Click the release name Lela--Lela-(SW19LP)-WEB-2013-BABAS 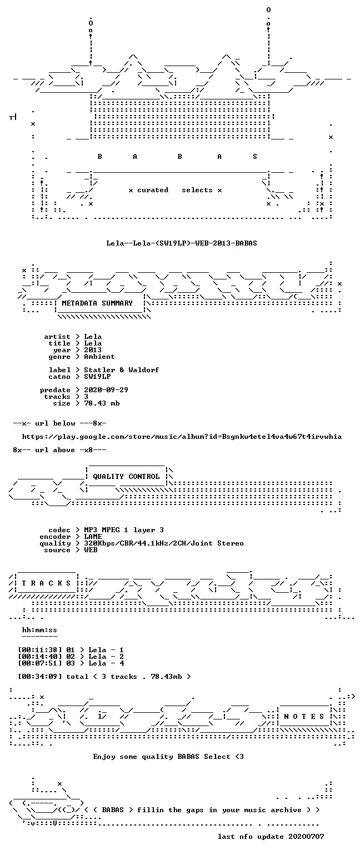coord(182,243)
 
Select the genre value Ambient coord(99,357)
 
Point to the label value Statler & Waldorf coord(121,370)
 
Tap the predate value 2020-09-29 coord(106,390)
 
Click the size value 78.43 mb coord(102,403)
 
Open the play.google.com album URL coord(182,437)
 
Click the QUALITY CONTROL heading coord(126,477)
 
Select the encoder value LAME coord(93,537)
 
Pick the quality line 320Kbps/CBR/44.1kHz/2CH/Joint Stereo coord(164,543)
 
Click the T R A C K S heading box coord(46,583)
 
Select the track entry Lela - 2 coord(106,657)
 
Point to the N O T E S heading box coord(304,717)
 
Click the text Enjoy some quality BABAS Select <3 coord(168,756)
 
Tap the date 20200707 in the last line coord(306,836)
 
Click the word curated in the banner coord(153,190)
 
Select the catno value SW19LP coord(97,377)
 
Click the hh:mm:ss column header coord(39,630)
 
